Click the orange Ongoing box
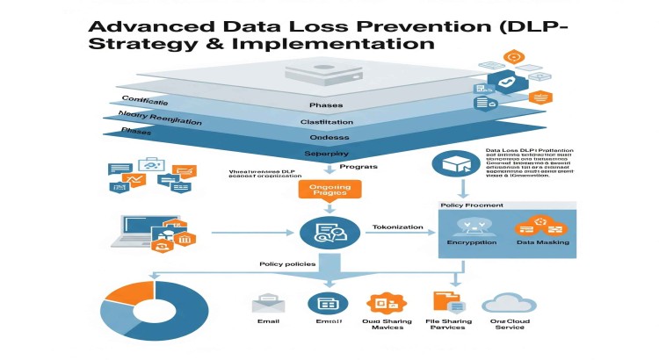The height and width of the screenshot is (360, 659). click(x=329, y=192)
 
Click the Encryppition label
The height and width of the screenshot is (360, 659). click(x=472, y=242)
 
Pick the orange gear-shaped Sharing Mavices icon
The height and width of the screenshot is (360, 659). click(x=387, y=304)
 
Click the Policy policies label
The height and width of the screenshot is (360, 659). click(x=286, y=264)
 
